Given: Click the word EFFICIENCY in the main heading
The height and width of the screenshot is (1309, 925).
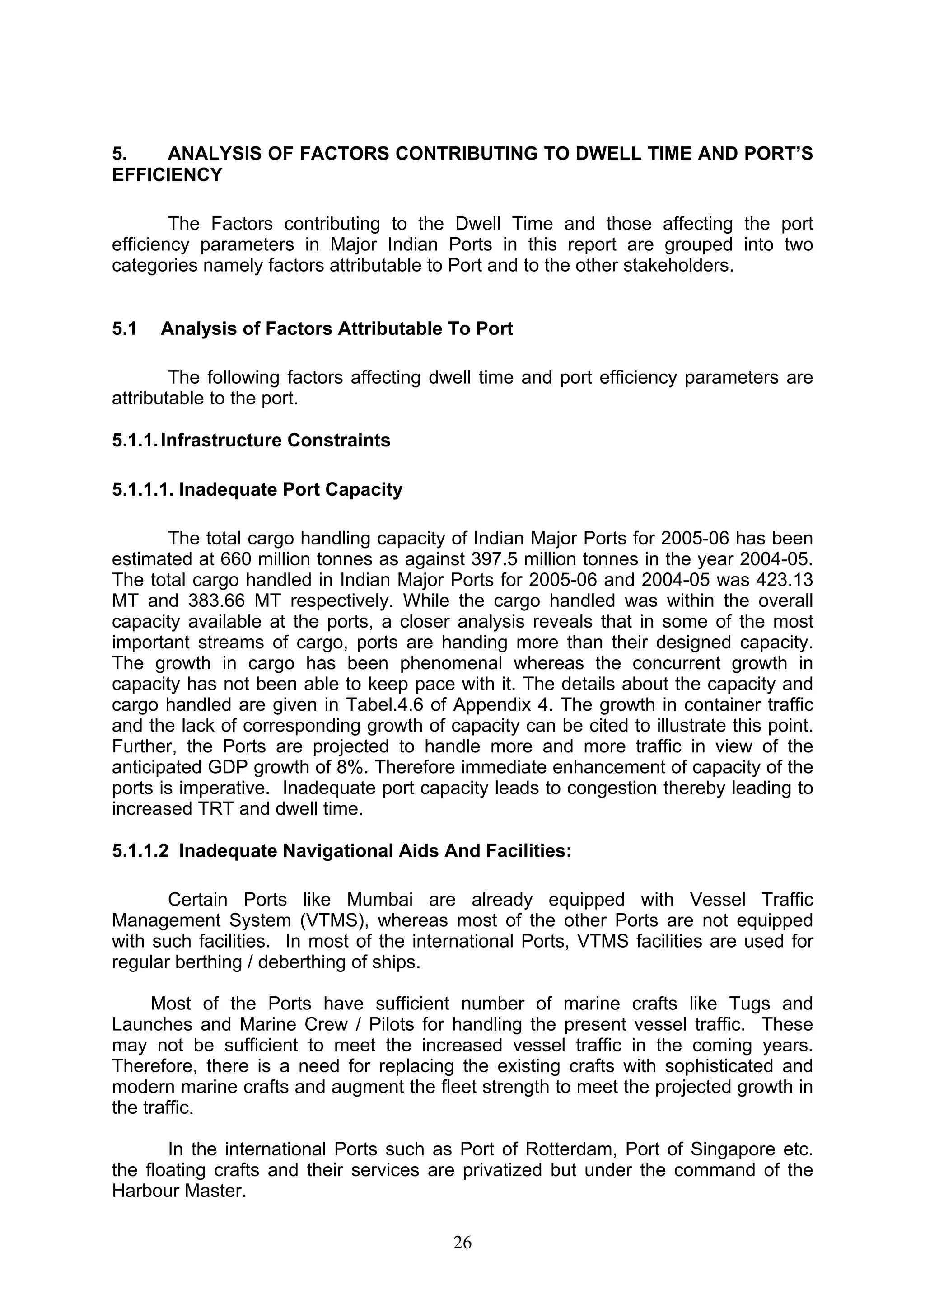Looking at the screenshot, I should (167, 175).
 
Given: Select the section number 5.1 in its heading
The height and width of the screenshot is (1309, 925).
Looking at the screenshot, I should (124, 329).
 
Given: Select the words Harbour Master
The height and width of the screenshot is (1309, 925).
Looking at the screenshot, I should (178, 1191).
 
